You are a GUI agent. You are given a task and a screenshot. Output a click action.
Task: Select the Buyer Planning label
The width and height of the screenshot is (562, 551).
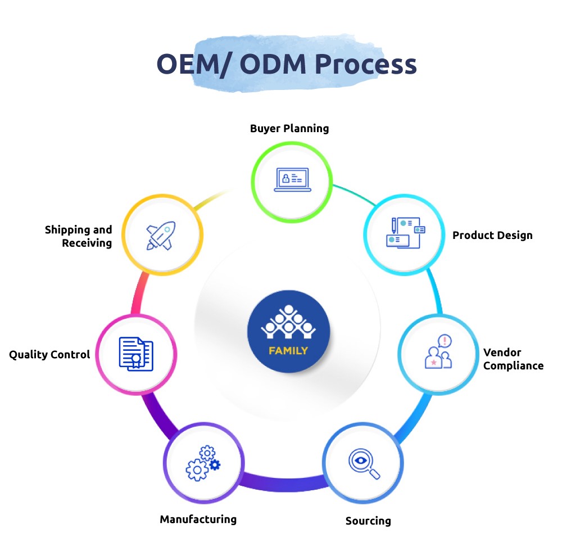click(289, 128)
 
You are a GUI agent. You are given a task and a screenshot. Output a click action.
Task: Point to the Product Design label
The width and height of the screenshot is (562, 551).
click(492, 235)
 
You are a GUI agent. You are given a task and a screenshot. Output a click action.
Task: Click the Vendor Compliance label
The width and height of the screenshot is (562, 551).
click(513, 359)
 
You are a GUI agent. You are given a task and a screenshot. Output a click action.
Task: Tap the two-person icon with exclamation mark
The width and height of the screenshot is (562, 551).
click(438, 353)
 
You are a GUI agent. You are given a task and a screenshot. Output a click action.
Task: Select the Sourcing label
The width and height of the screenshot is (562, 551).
click(368, 521)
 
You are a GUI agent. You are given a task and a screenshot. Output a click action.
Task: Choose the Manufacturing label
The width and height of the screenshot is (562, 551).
click(198, 519)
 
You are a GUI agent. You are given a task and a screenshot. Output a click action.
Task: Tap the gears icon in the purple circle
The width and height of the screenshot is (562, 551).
click(202, 463)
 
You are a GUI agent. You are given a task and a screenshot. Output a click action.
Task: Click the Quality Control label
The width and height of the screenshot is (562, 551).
click(49, 355)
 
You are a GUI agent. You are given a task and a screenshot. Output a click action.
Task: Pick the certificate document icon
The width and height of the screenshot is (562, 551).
click(135, 353)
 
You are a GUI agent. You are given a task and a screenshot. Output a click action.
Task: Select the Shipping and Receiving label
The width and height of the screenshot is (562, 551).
click(79, 236)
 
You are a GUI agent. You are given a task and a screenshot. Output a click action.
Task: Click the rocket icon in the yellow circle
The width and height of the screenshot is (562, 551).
click(161, 234)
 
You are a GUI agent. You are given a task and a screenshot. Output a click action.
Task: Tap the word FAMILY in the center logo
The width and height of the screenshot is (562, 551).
click(288, 351)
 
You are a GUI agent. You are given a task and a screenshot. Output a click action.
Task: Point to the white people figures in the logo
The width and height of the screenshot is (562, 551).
click(288, 323)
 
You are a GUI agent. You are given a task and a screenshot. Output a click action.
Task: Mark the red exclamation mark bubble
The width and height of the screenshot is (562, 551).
click(445, 341)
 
